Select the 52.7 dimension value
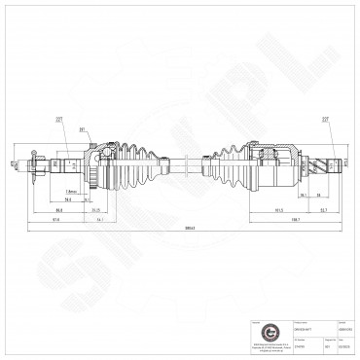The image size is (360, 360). [322, 208]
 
